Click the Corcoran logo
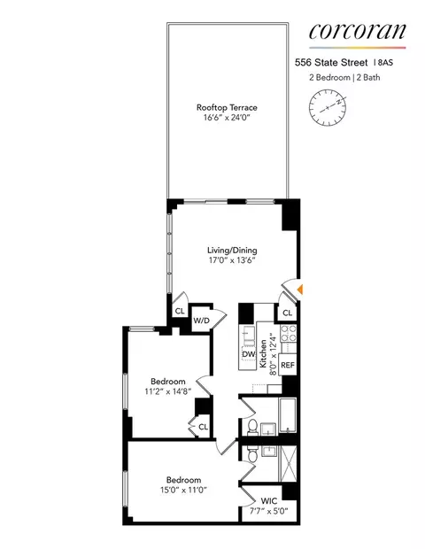(x=358, y=32)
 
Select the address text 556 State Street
(x=332, y=62)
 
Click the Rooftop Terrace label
(x=228, y=108)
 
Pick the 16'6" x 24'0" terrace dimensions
(x=228, y=120)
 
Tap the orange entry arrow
(x=301, y=289)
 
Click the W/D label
(x=202, y=320)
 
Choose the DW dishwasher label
(x=249, y=355)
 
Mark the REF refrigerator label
(x=288, y=364)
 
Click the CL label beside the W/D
(x=180, y=311)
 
